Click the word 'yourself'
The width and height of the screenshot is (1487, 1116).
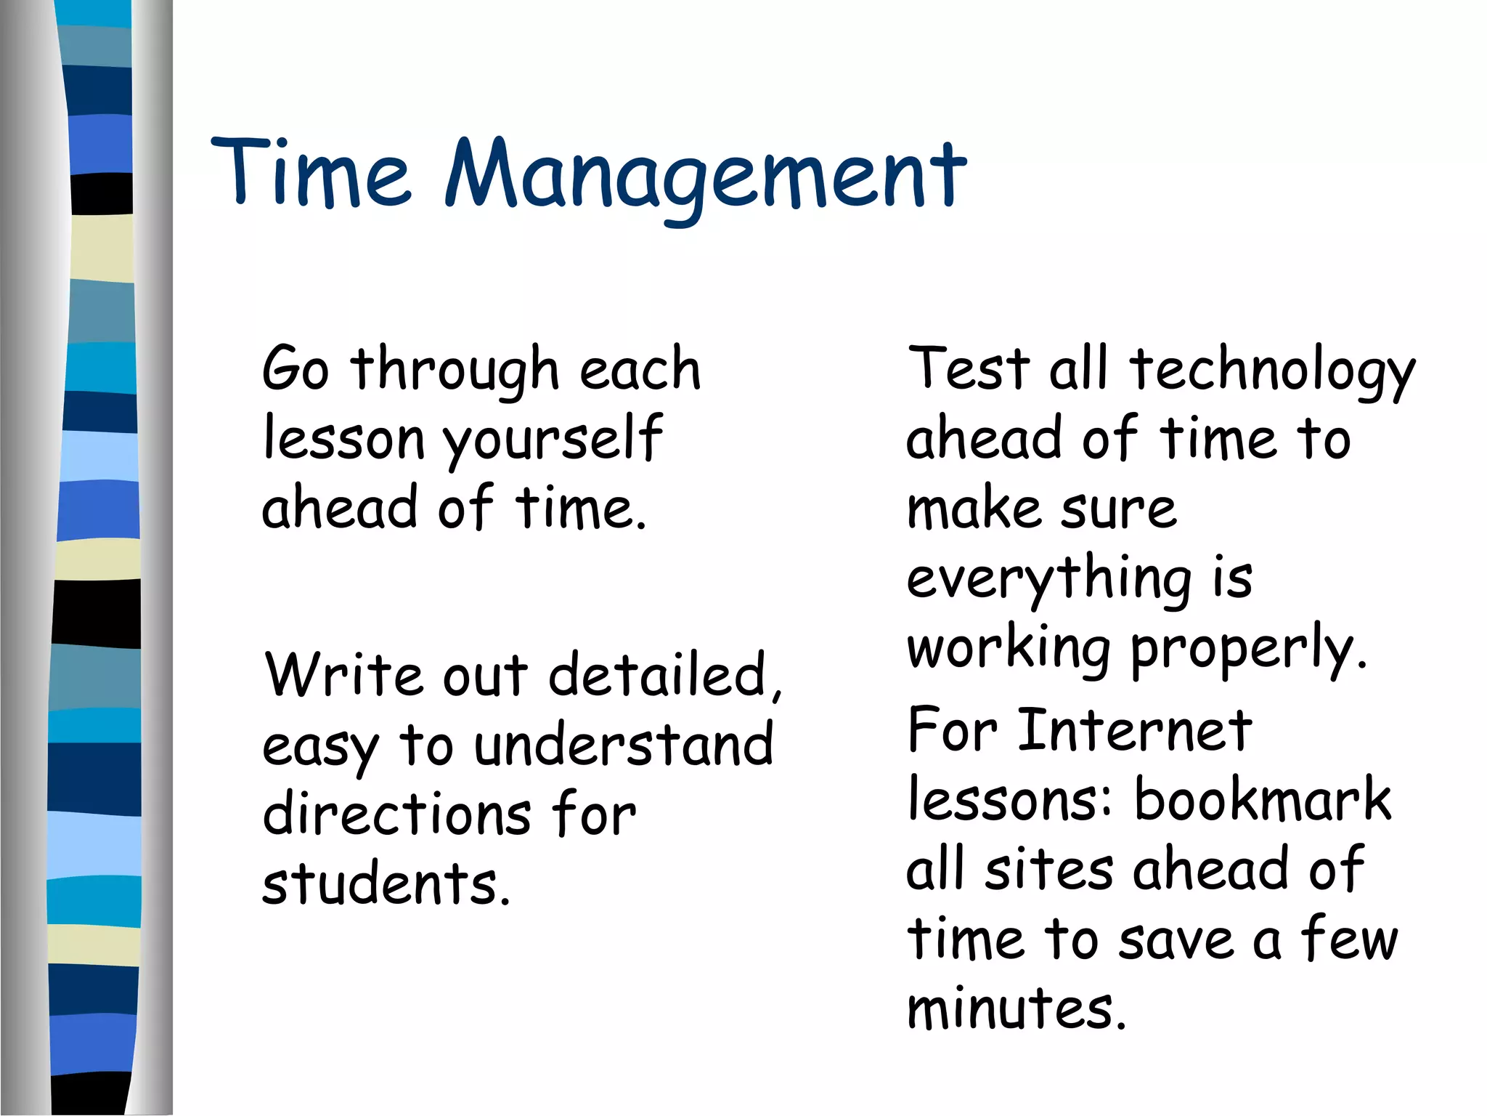553,440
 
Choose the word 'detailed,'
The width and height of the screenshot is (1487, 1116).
665,676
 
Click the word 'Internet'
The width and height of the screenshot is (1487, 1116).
1134,729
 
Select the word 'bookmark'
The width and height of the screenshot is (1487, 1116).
1262,799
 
